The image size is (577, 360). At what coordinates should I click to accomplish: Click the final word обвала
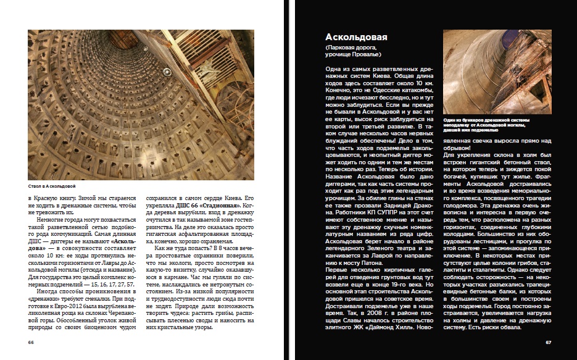pos(510,327)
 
